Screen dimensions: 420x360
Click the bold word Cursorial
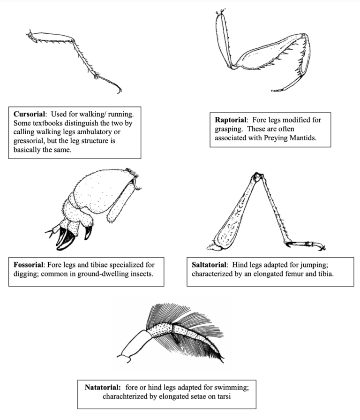pos(30,114)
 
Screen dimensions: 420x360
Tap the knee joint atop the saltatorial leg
pos(256,177)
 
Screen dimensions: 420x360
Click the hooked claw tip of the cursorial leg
pos(119,90)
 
